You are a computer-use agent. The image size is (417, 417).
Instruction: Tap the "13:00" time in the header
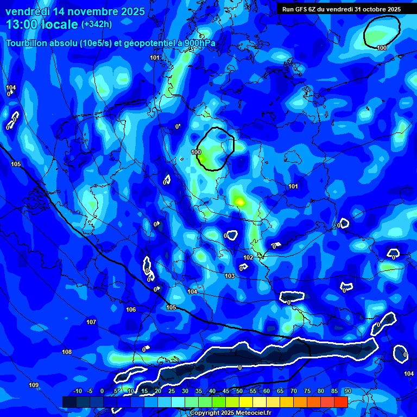pyautogui.click(x=22, y=24)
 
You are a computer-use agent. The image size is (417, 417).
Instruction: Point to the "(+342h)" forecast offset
pyautogui.click(x=97, y=24)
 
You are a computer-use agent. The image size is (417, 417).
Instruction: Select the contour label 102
pyautogui.click(x=248, y=257)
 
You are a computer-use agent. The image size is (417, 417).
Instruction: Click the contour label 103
pyautogui.click(x=230, y=276)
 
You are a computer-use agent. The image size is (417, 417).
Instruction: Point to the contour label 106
pyautogui.click(x=131, y=309)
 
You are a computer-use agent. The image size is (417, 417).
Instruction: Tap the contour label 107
pyautogui.click(x=91, y=322)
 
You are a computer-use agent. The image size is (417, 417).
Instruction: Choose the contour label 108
pyautogui.click(x=66, y=352)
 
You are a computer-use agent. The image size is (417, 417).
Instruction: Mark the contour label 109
pyautogui.click(x=34, y=385)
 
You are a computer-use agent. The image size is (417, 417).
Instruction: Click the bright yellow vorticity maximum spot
pyautogui.click(x=239, y=202)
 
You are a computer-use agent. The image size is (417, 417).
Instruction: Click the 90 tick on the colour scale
pyautogui.click(x=347, y=391)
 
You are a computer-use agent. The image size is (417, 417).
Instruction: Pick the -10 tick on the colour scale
pyautogui.click(x=77, y=391)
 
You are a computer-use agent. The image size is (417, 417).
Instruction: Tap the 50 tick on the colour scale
pyautogui.click(x=239, y=391)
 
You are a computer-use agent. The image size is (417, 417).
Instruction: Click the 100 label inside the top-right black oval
pyautogui.click(x=382, y=48)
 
